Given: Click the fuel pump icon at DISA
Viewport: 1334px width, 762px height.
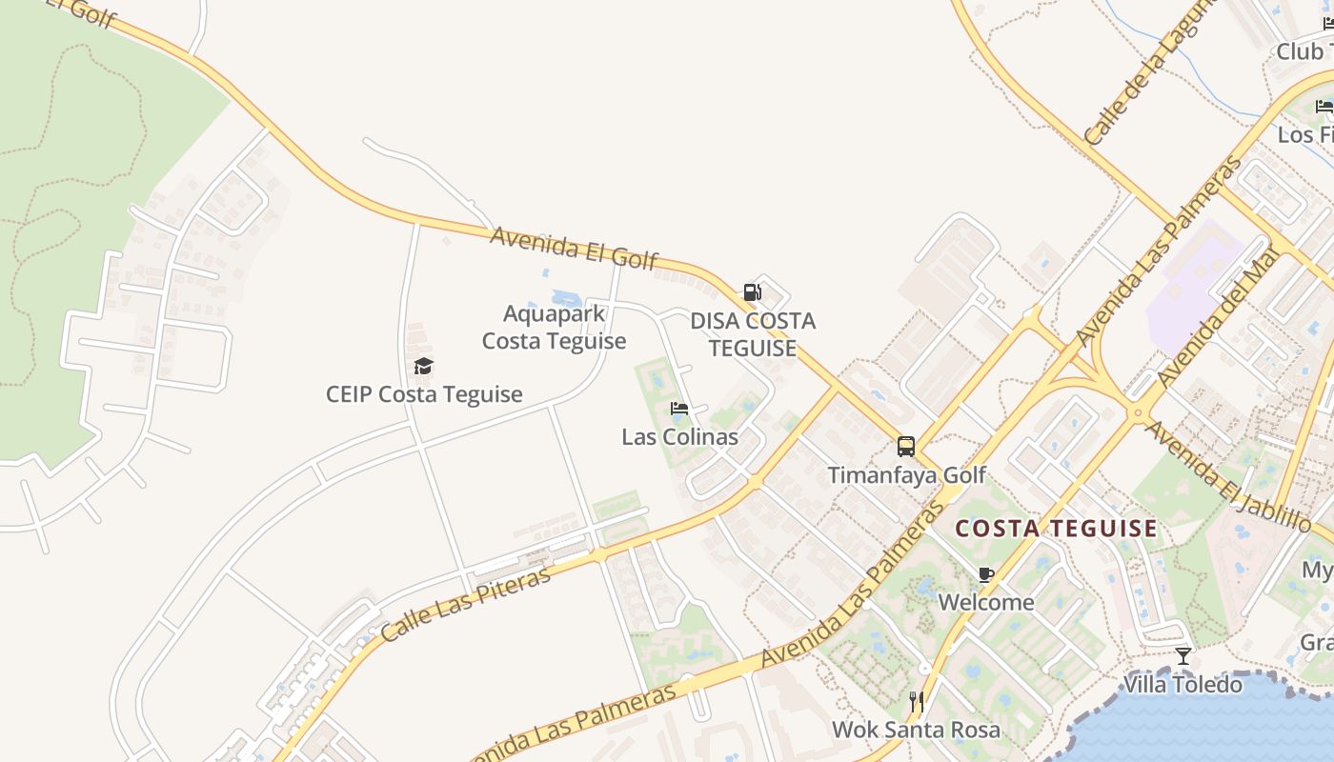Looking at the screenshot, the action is [x=753, y=292].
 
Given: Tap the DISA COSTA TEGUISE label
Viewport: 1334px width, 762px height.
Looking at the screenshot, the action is [x=753, y=334].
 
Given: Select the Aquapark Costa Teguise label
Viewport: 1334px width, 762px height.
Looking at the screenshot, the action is [x=554, y=327].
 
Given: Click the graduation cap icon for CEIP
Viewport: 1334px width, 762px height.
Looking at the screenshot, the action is [x=423, y=367].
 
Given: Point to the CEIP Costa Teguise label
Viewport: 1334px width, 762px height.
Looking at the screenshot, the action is [x=424, y=394].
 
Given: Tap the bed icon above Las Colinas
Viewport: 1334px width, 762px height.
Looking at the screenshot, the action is [x=679, y=410].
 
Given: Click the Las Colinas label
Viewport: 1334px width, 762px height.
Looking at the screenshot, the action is [x=679, y=437].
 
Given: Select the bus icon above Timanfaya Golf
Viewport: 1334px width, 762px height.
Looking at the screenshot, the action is [x=906, y=446].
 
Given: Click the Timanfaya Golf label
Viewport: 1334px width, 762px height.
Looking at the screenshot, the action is [x=906, y=474].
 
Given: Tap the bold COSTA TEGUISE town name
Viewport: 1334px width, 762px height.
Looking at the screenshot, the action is [x=1057, y=529].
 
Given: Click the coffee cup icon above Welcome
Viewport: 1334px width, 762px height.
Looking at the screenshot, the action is [x=986, y=574].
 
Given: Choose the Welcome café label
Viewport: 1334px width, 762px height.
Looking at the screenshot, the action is [x=986, y=602].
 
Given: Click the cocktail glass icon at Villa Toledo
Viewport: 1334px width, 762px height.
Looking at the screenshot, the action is [x=1183, y=655].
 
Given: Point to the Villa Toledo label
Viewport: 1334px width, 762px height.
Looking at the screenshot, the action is [x=1183, y=684].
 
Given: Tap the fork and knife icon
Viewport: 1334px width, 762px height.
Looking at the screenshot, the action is [x=917, y=702].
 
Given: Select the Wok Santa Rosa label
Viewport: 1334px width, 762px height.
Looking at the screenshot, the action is [x=917, y=730].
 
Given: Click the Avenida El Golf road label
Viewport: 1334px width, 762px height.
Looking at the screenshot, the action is [x=574, y=248].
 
